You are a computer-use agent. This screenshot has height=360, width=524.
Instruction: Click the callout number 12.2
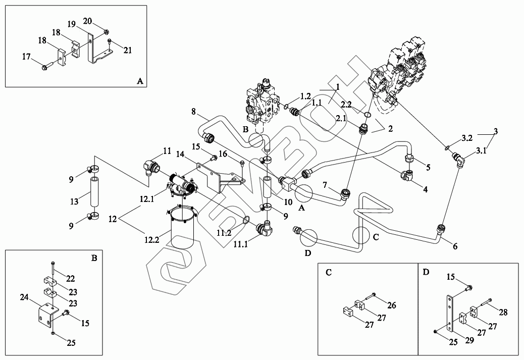152,239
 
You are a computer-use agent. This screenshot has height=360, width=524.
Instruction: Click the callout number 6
455,246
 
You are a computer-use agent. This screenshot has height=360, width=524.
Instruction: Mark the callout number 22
70,279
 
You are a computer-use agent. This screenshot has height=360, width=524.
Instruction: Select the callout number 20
87,21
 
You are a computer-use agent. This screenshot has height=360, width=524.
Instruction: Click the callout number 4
425,190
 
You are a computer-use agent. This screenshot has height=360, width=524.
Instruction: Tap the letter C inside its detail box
329,273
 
